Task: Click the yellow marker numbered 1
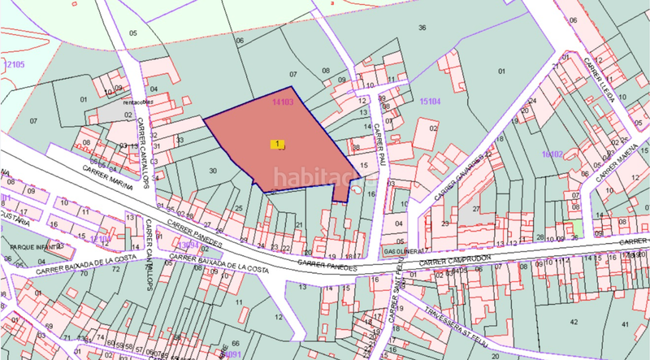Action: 279,144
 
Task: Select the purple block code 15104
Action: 430,102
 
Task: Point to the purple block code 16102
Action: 552,153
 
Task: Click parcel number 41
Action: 574,323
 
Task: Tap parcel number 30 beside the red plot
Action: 213,170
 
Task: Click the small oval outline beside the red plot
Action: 357,190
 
